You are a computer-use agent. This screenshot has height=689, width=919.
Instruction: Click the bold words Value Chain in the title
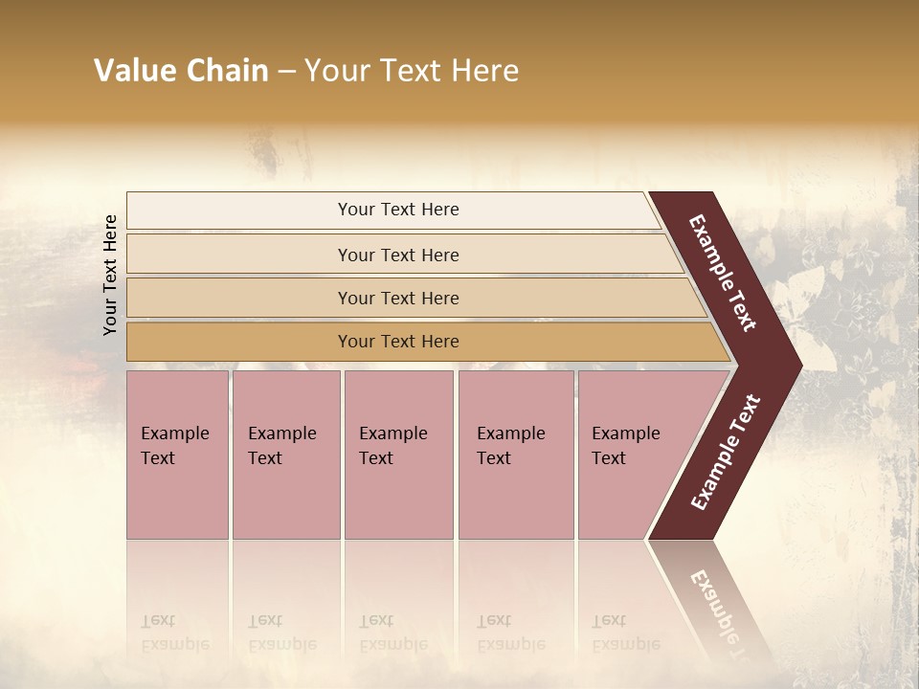pyautogui.click(x=181, y=71)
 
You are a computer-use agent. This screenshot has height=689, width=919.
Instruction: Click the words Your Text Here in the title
pyautogui.click(x=412, y=71)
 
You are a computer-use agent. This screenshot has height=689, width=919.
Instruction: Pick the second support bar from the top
pyautogui.click(x=398, y=255)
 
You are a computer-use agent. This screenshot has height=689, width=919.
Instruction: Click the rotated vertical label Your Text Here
pyautogui.click(x=110, y=275)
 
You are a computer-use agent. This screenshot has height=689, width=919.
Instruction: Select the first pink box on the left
pyautogui.click(x=177, y=455)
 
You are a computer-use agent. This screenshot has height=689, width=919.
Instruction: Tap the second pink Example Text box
pyautogui.click(x=285, y=455)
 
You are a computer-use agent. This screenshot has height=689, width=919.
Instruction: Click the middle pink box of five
pyautogui.click(x=398, y=455)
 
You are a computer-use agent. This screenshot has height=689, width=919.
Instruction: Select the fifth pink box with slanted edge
pyautogui.click(x=632, y=455)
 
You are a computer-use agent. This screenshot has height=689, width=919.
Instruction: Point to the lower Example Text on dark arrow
pyautogui.click(x=726, y=453)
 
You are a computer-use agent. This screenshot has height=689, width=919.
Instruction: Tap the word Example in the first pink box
pyautogui.click(x=174, y=433)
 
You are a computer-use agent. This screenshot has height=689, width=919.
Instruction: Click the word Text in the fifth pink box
pyautogui.click(x=608, y=458)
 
